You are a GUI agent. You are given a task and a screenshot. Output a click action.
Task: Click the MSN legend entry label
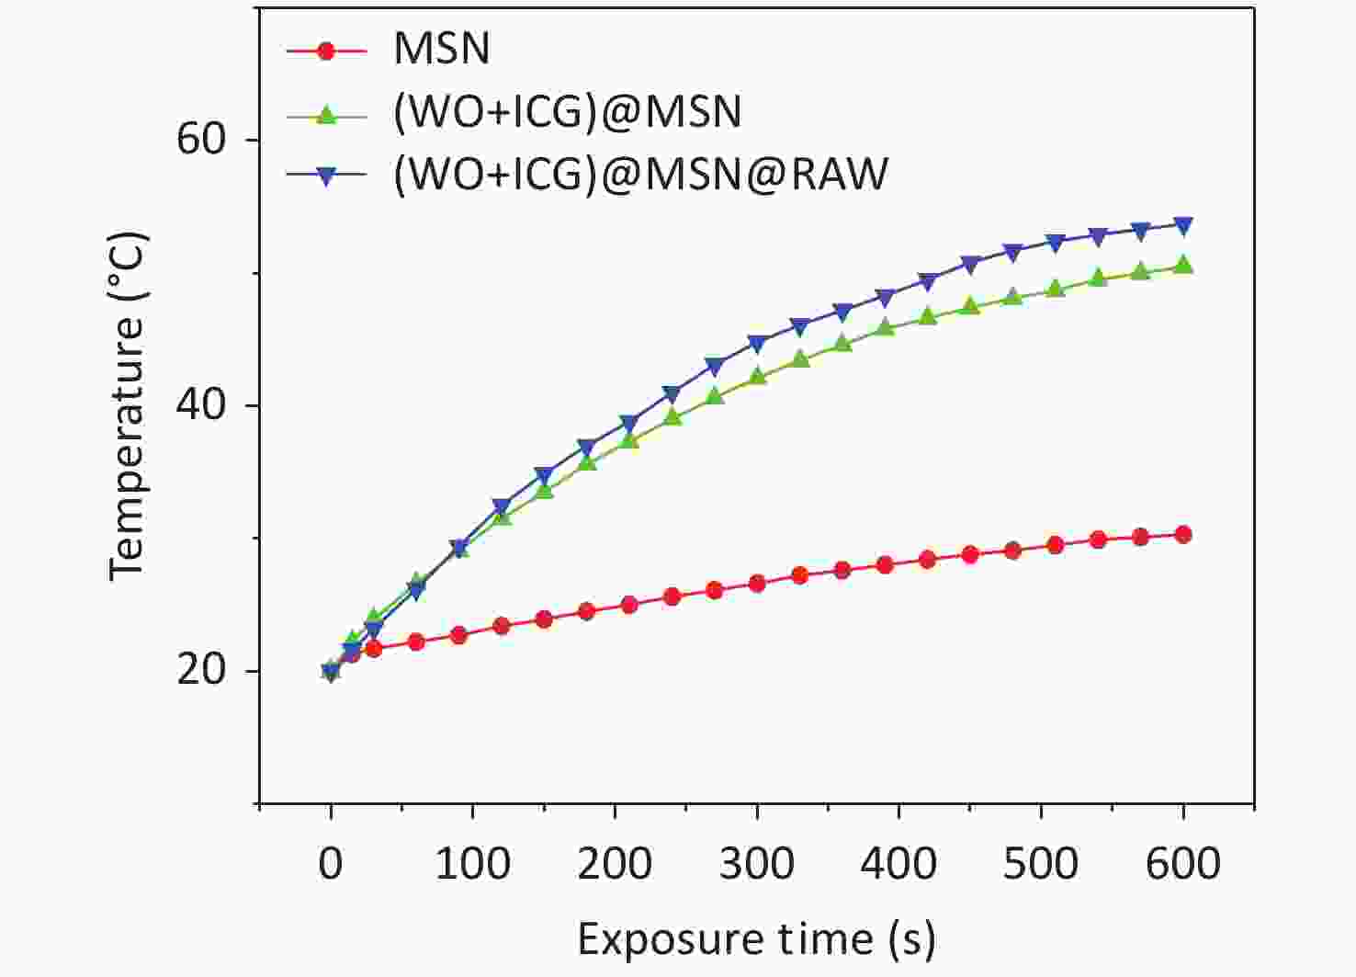click(441, 49)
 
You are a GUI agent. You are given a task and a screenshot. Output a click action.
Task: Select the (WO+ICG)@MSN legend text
click(567, 111)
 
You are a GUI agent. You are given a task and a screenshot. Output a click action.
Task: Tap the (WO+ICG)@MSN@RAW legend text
click(640, 174)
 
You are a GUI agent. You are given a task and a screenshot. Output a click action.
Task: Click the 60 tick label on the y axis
click(201, 140)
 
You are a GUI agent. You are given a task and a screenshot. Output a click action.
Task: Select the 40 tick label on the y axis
click(201, 405)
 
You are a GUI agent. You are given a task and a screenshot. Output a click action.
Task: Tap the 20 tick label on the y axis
click(201, 670)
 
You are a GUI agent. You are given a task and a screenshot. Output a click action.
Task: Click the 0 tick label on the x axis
click(331, 863)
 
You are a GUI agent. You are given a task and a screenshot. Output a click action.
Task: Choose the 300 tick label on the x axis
click(757, 863)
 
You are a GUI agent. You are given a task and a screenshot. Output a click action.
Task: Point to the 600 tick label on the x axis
click(1182, 863)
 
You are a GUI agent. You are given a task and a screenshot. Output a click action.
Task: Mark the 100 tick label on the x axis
click(472, 863)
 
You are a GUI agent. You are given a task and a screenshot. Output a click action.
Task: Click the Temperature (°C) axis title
click(128, 405)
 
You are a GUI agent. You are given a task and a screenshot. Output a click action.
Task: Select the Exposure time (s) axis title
click(756, 938)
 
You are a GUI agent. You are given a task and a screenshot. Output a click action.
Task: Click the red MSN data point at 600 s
click(1183, 534)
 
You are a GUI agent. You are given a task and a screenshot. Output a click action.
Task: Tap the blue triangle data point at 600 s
click(1183, 225)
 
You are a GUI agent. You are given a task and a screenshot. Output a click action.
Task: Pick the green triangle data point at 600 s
click(1183, 266)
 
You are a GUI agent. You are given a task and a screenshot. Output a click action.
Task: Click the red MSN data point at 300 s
click(757, 583)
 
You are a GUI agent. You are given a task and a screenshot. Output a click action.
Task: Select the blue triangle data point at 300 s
click(757, 344)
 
